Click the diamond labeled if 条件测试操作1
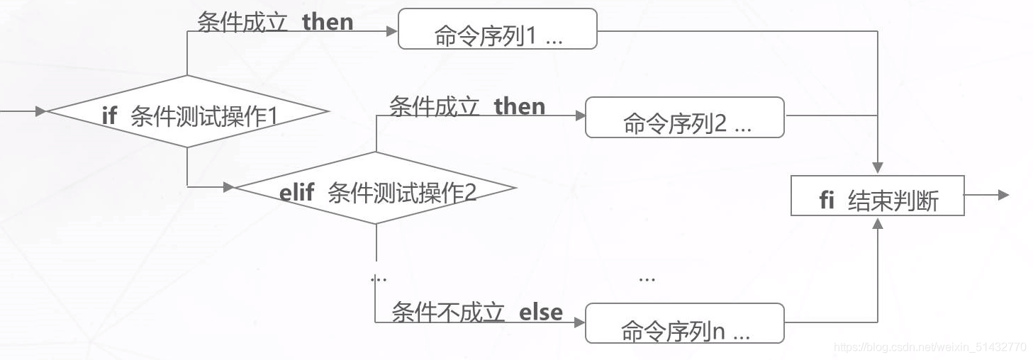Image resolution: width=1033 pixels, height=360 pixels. click(x=188, y=112)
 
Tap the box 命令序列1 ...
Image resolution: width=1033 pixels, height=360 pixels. click(x=497, y=29)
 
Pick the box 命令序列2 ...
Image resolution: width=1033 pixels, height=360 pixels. click(x=684, y=118)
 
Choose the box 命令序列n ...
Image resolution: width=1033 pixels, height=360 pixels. click(x=684, y=323)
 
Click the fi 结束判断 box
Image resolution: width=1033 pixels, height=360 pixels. click(x=877, y=196)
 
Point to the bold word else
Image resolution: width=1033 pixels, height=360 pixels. click(x=541, y=313)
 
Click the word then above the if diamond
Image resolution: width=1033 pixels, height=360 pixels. click(x=328, y=22)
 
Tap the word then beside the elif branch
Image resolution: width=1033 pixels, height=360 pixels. click(x=520, y=107)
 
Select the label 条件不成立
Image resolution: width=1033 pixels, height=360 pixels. click(x=447, y=313)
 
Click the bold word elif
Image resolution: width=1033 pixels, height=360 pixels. click(x=296, y=193)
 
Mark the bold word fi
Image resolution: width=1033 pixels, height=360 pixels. click(x=827, y=201)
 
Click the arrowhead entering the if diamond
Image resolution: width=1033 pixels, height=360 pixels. click(x=41, y=111)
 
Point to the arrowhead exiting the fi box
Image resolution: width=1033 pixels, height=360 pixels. click(x=1003, y=195)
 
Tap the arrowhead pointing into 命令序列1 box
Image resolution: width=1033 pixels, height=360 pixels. click(x=391, y=31)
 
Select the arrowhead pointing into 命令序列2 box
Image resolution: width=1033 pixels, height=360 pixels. click(x=579, y=117)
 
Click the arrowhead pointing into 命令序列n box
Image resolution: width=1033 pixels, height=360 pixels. click(x=579, y=322)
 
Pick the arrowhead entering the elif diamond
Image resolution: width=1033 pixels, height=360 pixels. click(x=228, y=187)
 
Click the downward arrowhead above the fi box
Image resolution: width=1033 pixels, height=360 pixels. click(x=878, y=168)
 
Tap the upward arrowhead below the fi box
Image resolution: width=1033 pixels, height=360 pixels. click(x=878, y=223)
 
